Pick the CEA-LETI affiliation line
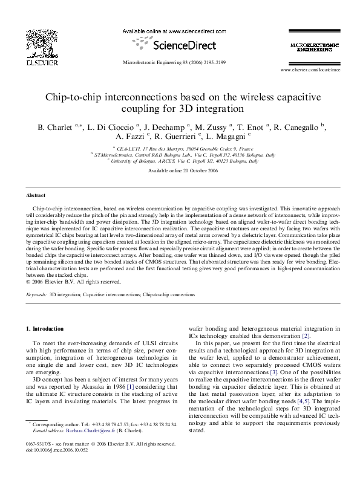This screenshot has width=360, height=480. point(181,148)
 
